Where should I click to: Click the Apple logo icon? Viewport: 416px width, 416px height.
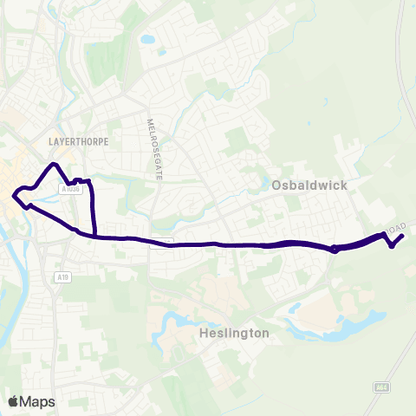(13, 401)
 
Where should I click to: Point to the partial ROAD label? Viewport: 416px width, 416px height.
(394, 227)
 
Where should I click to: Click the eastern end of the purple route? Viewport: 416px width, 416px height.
(403, 237)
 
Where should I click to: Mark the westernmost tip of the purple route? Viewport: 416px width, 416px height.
(13, 196)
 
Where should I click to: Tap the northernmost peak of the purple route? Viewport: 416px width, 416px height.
(55, 164)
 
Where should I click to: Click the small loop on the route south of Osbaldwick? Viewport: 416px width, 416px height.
(335, 250)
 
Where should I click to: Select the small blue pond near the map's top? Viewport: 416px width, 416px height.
(147, 39)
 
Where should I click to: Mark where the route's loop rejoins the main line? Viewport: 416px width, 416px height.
(94, 235)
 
